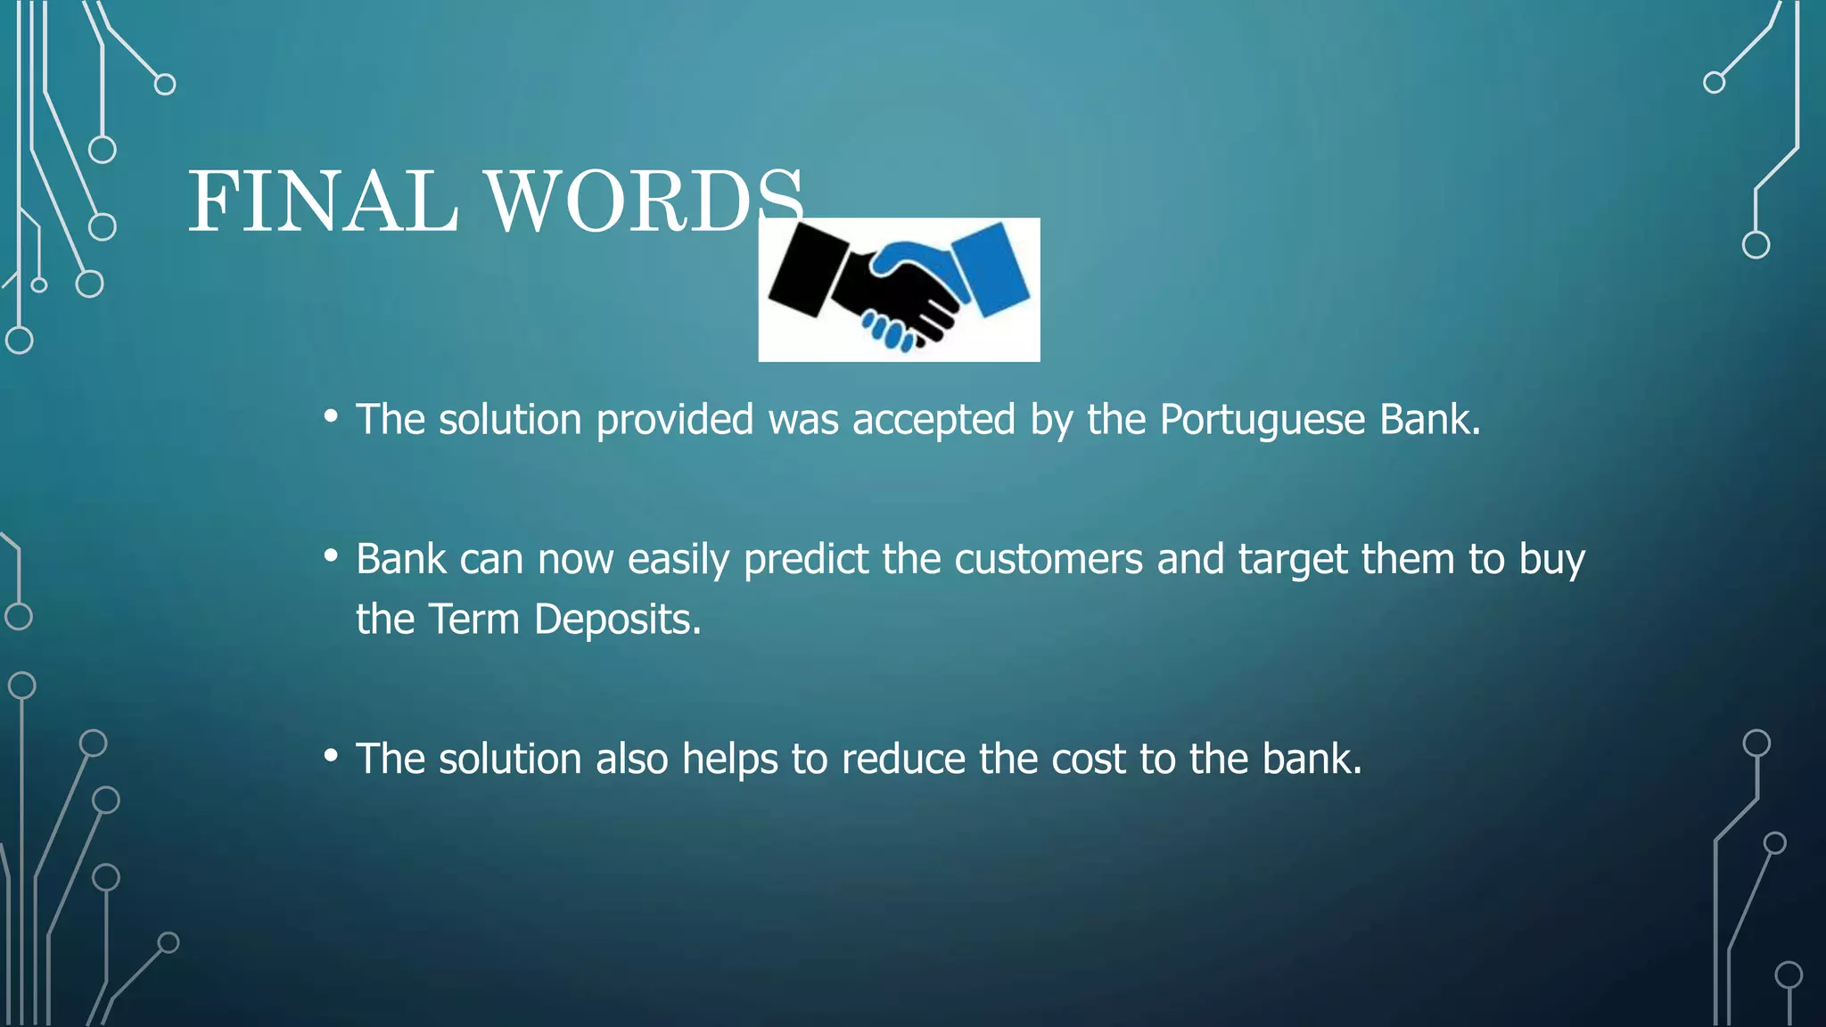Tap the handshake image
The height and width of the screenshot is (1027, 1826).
899,290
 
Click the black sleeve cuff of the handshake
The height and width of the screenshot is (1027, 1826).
808,270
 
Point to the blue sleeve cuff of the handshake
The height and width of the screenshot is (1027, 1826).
991,267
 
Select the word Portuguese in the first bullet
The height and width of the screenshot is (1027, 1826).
1262,419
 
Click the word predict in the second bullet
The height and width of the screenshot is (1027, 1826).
806,560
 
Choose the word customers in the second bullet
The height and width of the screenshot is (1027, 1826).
1049,560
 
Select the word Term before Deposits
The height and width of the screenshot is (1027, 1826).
473,619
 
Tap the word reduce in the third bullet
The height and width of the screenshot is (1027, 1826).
903,759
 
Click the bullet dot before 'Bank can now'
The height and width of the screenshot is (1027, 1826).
331,556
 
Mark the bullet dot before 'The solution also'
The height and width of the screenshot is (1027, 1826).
331,756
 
